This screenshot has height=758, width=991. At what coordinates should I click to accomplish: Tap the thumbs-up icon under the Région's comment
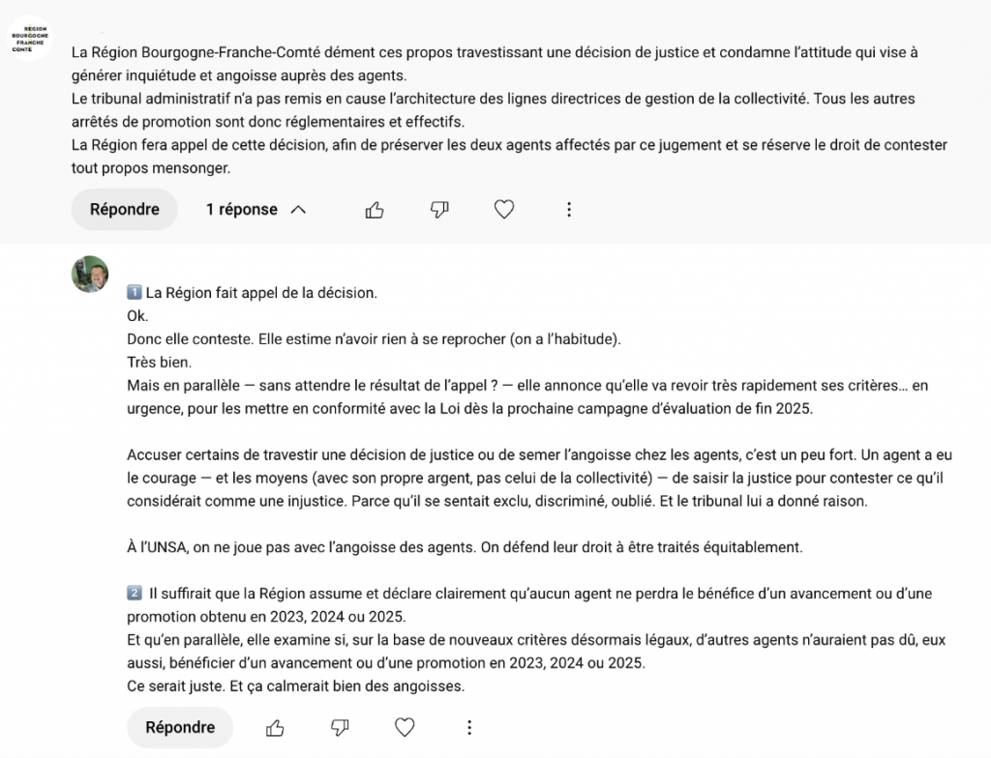375,210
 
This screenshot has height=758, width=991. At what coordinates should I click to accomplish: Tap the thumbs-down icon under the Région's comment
439,210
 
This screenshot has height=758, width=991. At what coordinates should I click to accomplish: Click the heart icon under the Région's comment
504,210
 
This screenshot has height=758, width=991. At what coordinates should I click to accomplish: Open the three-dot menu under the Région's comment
569,210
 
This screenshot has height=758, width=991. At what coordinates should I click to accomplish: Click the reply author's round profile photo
90,275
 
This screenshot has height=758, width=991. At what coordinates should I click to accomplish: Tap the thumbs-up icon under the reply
275,727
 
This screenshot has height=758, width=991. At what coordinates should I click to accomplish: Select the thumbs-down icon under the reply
340,727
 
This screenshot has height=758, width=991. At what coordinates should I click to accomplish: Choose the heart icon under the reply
405,727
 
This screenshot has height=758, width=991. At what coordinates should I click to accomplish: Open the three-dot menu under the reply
469,727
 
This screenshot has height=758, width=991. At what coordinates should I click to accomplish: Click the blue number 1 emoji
135,292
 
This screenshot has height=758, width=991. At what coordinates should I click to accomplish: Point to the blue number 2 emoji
135,593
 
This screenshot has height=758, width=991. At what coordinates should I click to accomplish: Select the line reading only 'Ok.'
138,315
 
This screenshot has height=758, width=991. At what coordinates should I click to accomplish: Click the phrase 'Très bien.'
159,362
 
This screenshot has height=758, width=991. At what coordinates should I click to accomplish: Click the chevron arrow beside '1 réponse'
298,210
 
